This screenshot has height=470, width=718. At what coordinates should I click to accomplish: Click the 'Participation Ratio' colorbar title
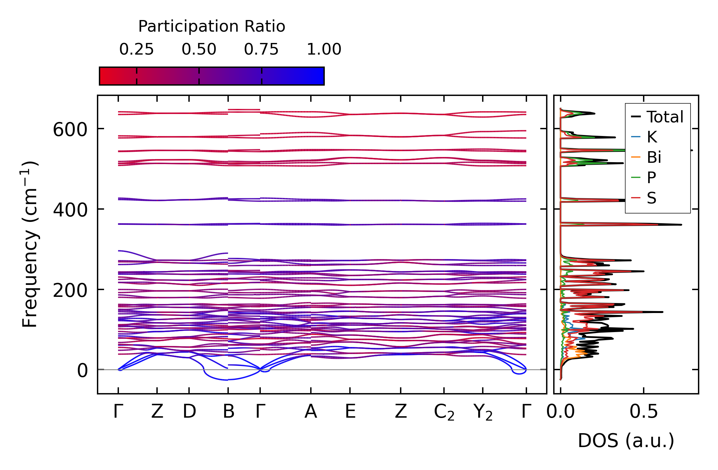tap(212, 26)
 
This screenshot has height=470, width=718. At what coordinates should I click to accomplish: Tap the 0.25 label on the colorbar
tap(136, 49)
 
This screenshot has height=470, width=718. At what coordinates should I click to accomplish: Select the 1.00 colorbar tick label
tap(324, 49)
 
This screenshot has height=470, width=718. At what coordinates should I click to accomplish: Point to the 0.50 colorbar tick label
tap(199, 49)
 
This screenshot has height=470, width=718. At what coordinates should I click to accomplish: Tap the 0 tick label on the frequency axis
tap(82, 371)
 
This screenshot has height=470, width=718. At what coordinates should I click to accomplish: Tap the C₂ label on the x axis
tap(444, 413)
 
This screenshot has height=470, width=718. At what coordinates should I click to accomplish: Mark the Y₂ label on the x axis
tap(483, 413)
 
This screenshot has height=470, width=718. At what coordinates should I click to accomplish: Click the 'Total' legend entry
tap(665, 117)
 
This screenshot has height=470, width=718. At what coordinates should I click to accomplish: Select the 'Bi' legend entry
tap(654, 157)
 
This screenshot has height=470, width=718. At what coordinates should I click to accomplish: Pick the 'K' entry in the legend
tap(652, 137)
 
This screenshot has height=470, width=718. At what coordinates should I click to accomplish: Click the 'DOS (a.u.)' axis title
tap(626, 441)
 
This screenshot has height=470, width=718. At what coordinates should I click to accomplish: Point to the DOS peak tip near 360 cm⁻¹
tap(681, 225)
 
